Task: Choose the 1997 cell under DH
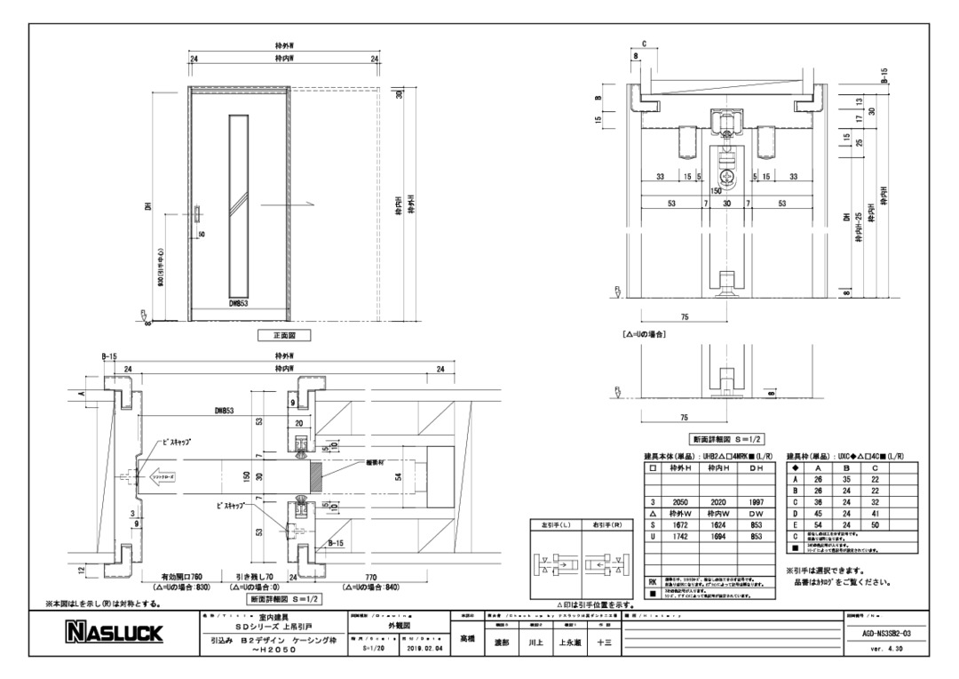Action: click(757, 502)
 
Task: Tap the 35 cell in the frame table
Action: click(847, 479)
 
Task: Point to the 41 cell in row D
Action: click(876, 514)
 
